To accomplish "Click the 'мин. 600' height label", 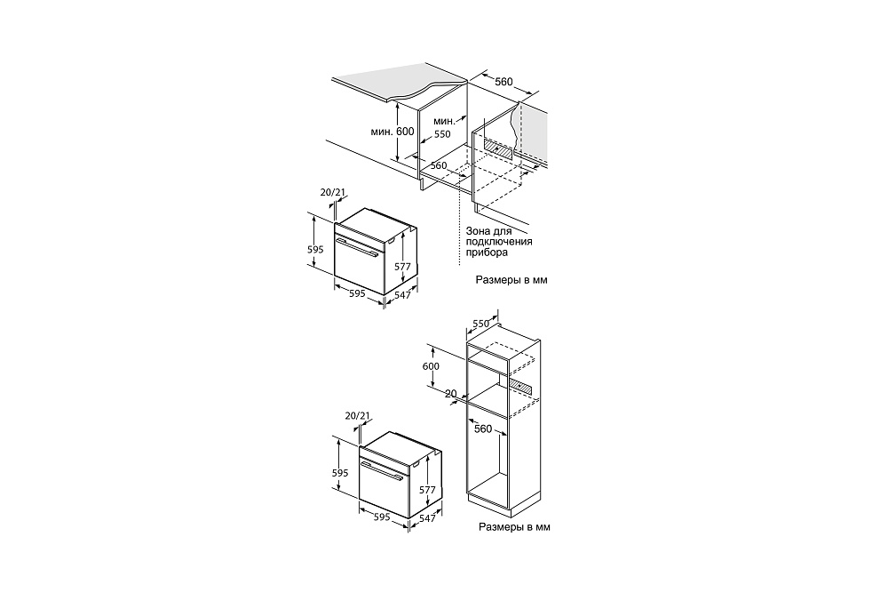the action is [x=392, y=132].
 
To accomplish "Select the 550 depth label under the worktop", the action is [x=442, y=134].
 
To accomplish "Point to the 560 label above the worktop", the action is [x=503, y=82].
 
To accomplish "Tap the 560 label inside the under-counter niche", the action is [x=439, y=166].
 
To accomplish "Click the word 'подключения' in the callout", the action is [x=499, y=242].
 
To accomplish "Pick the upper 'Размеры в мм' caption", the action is [x=511, y=280].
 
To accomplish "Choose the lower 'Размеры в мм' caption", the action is [x=514, y=527].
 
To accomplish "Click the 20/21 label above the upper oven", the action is [x=332, y=192].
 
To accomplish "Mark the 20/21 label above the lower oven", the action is [x=357, y=416].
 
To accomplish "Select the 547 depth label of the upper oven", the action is [x=402, y=295].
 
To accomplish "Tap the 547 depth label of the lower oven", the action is [x=428, y=518].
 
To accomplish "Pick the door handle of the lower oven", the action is [x=382, y=471].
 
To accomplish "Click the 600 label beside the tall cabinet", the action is [x=431, y=366].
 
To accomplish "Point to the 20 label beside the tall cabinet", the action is [x=451, y=394].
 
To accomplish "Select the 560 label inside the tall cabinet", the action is [x=483, y=429].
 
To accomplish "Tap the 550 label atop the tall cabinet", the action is [x=480, y=324].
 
